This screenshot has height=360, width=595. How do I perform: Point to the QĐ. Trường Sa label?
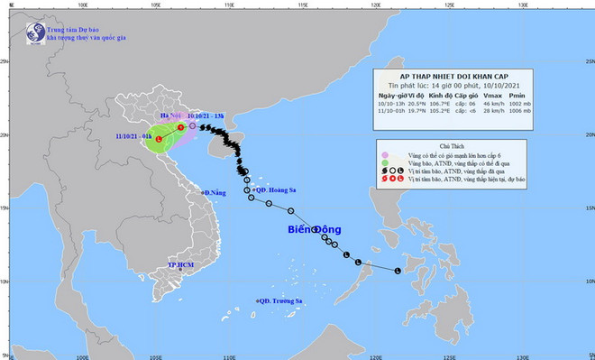point(279,300)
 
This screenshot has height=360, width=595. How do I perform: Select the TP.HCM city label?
point(181,265)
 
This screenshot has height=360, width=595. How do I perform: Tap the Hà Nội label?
point(171,116)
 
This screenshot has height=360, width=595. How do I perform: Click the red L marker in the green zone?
point(160,140)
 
